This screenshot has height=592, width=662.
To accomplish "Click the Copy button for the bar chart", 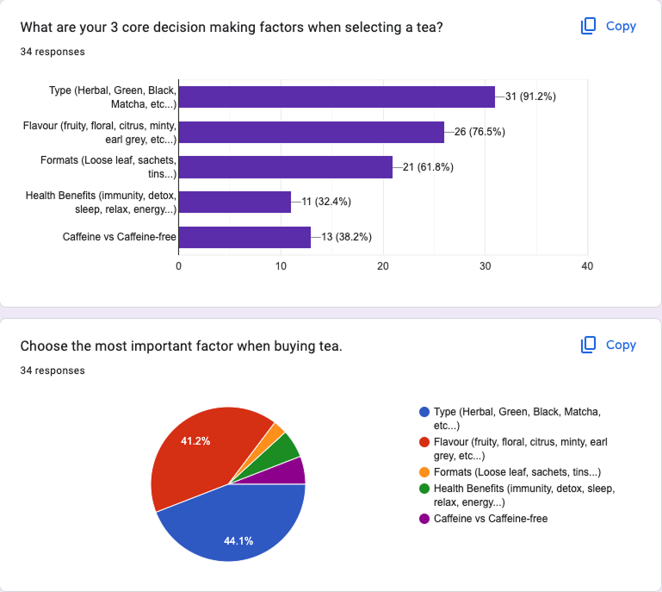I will [x=609, y=26].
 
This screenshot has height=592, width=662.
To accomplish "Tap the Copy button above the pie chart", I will [x=609, y=345].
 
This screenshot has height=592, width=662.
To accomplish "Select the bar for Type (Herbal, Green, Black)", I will [x=337, y=97].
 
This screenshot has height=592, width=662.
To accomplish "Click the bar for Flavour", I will [x=311, y=132].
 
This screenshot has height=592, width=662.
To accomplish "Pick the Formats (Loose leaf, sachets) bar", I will [x=285, y=167].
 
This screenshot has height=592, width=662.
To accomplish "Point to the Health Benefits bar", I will [x=234, y=202].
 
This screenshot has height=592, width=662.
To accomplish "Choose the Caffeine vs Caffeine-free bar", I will [x=244, y=237].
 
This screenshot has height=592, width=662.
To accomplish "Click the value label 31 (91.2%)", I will [x=530, y=97].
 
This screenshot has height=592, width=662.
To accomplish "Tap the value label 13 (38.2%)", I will [x=347, y=237].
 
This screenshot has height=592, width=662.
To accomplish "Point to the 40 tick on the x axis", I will [x=587, y=266].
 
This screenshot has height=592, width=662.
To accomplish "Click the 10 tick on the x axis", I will [x=281, y=266].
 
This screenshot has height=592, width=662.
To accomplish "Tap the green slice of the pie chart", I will [x=288, y=446].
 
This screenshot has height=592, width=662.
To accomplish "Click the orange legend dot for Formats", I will [x=424, y=472].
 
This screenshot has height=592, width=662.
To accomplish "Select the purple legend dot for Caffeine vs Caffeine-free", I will [x=424, y=519].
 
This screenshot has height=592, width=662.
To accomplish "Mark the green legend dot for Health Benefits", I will [x=424, y=489].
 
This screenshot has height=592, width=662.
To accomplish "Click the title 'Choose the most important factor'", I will [x=181, y=346].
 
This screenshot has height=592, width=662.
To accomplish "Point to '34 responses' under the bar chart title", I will [x=53, y=52].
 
